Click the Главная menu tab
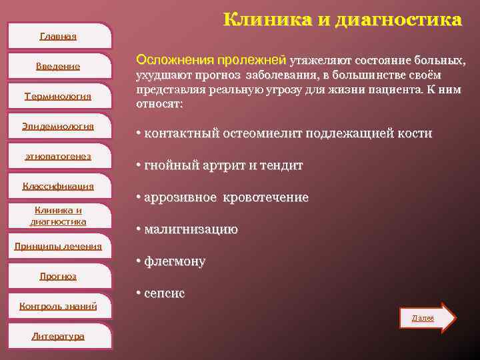coord(58,36)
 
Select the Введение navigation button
coord(58,66)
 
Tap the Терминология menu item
coord(58,96)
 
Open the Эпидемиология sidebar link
coord(58,126)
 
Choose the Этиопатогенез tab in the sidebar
coord(58,156)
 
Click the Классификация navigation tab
coord(58,186)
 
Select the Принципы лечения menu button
coord(58,246)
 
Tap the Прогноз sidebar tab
coord(58,276)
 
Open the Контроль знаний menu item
coord(58,306)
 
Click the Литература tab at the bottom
coord(58,336)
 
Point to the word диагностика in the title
coord(397,19)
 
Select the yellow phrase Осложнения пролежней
coord(211,61)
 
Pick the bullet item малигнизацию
coord(191,229)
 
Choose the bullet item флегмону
coord(175,261)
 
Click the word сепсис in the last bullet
coord(165,293)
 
